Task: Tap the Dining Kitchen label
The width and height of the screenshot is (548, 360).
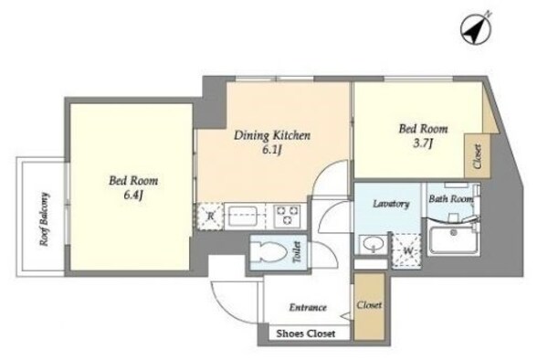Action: pos(272,135)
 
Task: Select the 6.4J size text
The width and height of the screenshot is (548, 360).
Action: pos(133,195)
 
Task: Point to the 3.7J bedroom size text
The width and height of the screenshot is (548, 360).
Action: pos(423,143)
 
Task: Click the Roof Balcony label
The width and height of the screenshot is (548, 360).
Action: pos(45,219)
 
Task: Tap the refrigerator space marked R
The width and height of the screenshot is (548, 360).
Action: pos(210,217)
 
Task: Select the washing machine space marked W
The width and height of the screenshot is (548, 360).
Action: pos(407,251)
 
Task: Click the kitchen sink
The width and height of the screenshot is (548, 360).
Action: pos(243,216)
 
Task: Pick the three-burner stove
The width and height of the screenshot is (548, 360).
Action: pos(288,216)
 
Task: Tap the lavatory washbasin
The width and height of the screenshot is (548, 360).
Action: pos(374,244)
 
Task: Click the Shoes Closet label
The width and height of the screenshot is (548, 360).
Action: pos(306,334)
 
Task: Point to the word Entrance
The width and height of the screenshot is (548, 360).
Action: pos(308,308)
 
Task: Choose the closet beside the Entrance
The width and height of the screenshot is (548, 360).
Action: pos(369,306)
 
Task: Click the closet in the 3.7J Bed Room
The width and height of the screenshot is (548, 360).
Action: pos(478,156)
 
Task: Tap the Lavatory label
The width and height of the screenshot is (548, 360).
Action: pos(391,204)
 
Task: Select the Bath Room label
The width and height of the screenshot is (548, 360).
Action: pos(451,199)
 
